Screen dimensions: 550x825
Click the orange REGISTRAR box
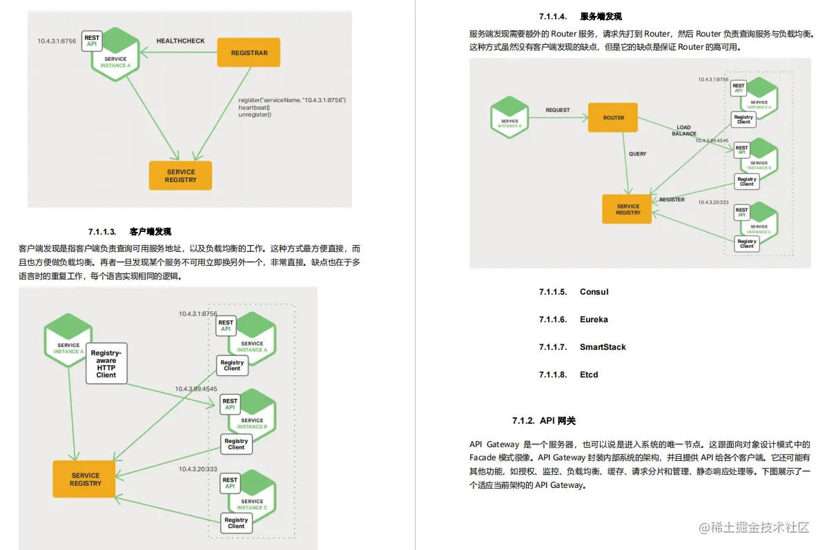[x=249, y=52]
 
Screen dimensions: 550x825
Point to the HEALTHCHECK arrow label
[x=180, y=41]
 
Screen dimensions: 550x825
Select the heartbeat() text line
[x=253, y=108]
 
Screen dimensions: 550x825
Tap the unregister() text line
[x=255, y=115]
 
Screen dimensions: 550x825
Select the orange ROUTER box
[x=613, y=118]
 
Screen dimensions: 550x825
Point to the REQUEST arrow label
[x=558, y=110]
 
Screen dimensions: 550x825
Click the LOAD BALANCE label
[x=683, y=130]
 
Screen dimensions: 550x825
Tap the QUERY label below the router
[x=638, y=154]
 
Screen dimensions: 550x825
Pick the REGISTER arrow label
[x=672, y=199]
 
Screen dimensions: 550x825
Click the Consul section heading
[x=594, y=292]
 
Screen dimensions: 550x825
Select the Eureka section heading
[x=594, y=320]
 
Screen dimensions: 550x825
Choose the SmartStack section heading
[x=603, y=347]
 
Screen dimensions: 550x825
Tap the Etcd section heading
[x=589, y=375]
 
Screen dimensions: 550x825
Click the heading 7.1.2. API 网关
[x=543, y=421]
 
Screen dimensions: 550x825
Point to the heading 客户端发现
[x=150, y=231]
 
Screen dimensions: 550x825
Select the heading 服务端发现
[x=601, y=17]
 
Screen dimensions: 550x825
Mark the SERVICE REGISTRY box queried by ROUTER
[x=628, y=209]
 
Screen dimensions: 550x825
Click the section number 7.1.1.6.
[x=553, y=320]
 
